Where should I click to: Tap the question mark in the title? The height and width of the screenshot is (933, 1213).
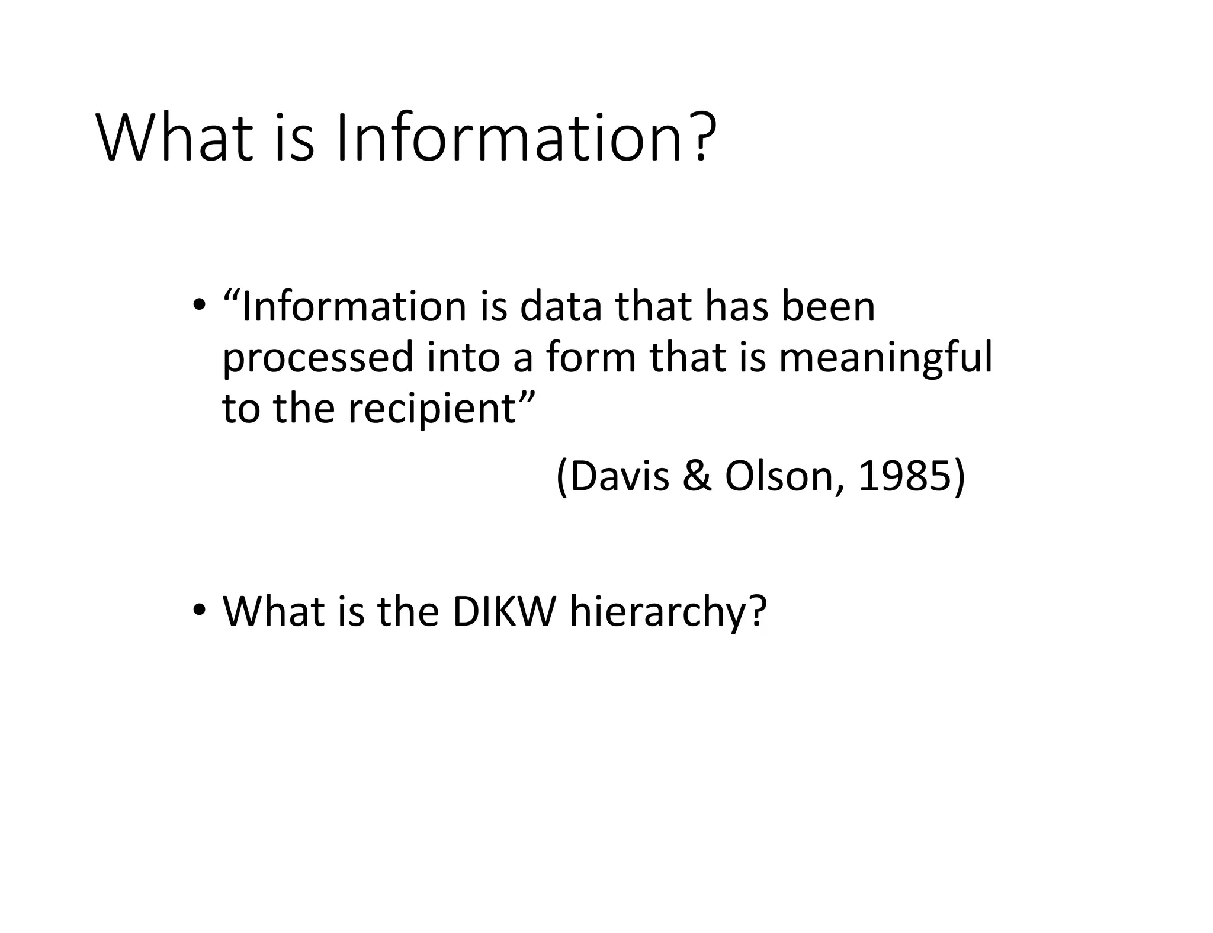(x=702, y=137)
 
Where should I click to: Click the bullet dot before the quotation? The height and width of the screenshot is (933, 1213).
(x=200, y=306)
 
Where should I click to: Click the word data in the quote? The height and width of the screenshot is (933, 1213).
(x=560, y=307)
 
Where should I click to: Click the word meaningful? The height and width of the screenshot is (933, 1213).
(x=885, y=359)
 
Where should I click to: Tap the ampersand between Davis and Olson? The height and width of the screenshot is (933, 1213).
(x=697, y=476)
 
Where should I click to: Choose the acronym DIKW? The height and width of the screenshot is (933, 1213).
(x=504, y=611)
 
